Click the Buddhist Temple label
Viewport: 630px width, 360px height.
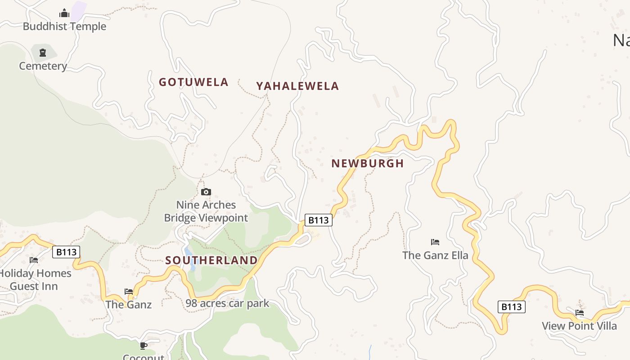64,26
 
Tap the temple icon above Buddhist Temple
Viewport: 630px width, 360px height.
64,13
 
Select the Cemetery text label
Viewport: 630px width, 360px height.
43,66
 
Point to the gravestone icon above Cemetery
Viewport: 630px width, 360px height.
43,53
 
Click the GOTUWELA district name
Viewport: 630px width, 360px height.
193,82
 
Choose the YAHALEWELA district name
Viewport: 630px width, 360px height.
297,86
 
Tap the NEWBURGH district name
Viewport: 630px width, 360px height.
368,163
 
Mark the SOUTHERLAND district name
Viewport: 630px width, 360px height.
211,260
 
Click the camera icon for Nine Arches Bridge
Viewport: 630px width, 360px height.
206,192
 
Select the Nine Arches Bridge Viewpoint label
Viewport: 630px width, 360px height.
206,211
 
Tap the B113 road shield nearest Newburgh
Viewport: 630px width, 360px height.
318,220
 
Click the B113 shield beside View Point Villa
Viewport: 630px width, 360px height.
512,307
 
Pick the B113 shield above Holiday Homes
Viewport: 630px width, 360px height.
66,252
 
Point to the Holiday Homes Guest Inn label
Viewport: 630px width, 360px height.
34,279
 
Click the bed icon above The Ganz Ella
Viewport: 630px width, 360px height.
435,242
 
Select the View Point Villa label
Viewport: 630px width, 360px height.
579,326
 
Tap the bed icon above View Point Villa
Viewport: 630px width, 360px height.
580,312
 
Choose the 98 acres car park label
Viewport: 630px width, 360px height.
227,303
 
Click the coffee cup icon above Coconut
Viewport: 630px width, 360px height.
144,346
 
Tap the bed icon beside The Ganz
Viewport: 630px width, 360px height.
129,292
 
